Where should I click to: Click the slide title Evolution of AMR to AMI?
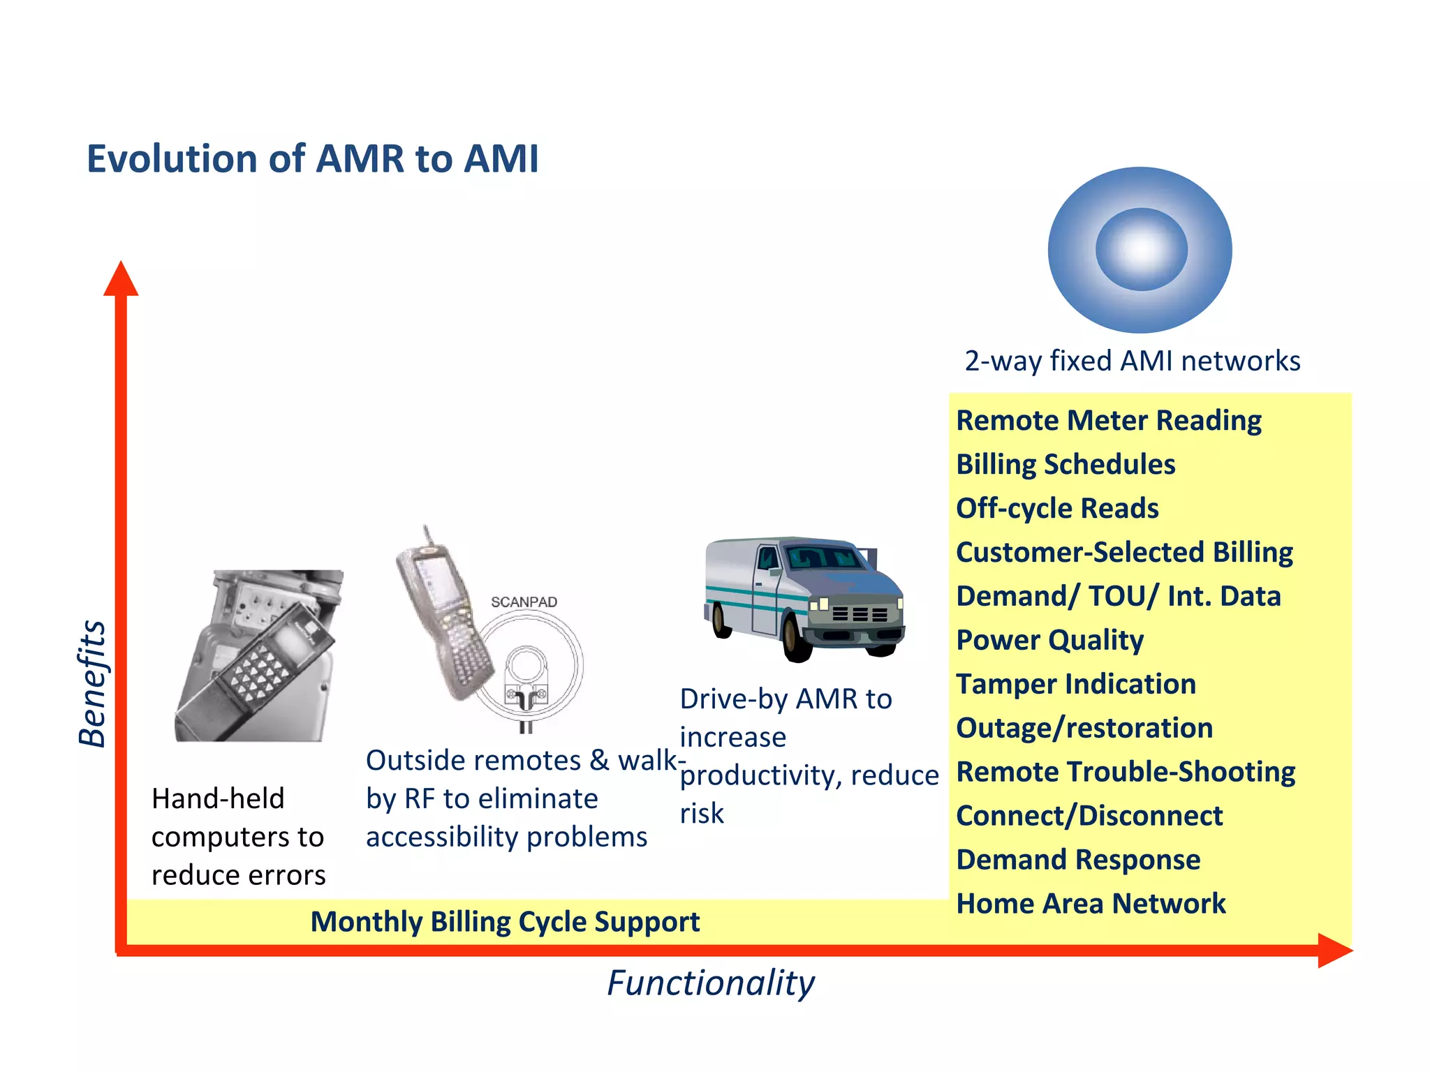tap(312, 159)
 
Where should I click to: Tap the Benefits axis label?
tap(92, 684)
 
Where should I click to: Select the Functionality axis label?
tap(710, 983)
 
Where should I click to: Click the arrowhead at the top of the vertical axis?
tap(121, 279)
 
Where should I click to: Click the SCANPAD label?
tap(524, 602)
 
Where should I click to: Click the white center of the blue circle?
tap(1141, 249)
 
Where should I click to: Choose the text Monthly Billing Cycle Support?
tap(505, 922)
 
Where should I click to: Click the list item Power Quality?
tap(1049, 640)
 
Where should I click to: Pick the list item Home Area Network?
tap(1091, 904)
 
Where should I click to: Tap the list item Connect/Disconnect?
tap(1089, 816)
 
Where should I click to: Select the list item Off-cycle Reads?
tap(1057, 508)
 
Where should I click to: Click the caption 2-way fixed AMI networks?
tap(1132, 361)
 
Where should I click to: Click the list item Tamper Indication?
tap(1076, 684)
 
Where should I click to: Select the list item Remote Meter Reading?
tap(1108, 420)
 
